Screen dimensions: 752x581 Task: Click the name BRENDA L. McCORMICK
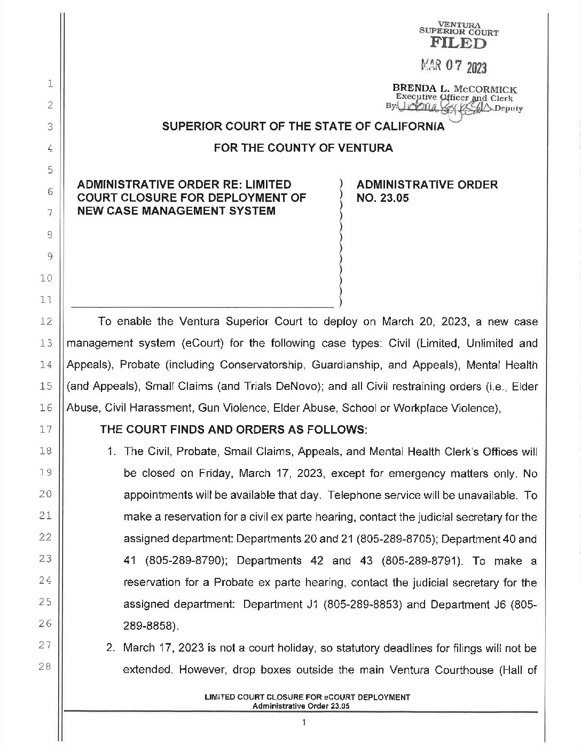[455, 89]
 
